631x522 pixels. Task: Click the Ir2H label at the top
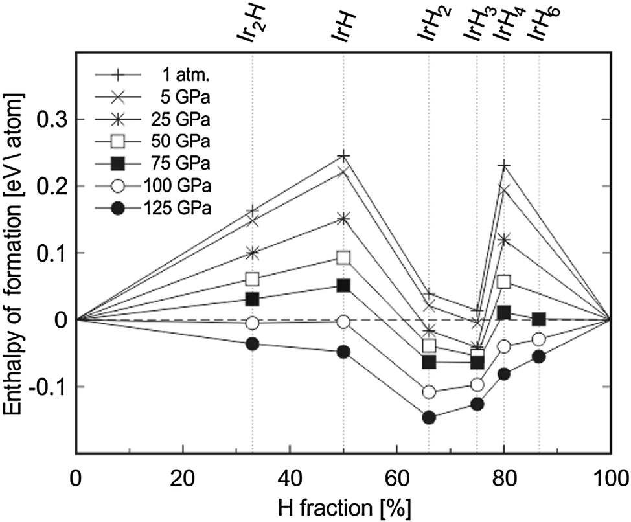click(251, 30)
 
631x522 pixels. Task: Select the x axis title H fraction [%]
click(344, 506)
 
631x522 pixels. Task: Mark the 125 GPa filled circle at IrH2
click(429, 417)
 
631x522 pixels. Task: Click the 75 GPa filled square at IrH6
click(539, 319)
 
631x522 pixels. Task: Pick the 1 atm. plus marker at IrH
click(344, 156)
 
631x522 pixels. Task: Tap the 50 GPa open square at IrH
click(344, 257)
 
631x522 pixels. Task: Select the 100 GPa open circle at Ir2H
click(253, 323)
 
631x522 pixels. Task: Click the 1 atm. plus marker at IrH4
click(504, 166)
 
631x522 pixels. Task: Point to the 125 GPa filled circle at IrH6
click(539, 356)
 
